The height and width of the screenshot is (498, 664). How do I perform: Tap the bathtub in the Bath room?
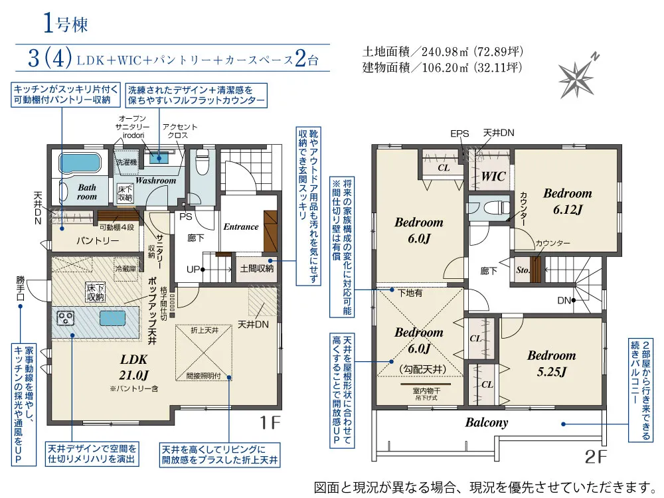(x=78, y=162)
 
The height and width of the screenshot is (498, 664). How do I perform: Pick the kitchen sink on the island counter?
(x=113, y=318)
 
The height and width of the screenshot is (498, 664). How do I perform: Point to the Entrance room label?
(x=241, y=227)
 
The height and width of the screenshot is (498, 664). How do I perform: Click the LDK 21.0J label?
(x=133, y=367)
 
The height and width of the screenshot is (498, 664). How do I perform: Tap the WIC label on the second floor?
(x=493, y=176)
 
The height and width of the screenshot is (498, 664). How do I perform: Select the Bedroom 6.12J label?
(x=568, y=201)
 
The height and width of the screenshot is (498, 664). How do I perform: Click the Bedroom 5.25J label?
(x=551, y=363)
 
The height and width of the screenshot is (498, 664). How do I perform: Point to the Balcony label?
(x=487, y=422)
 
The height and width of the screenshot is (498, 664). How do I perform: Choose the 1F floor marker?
(x=270, y=422)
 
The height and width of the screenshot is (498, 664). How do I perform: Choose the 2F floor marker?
(x=596, y=457)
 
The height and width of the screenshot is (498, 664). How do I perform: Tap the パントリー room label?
(x=98, y=240)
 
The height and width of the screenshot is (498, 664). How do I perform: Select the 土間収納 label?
(x=256, y=268)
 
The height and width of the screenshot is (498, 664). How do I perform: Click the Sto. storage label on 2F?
(x=523, y=270)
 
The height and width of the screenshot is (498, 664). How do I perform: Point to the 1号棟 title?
(x=66, y=24)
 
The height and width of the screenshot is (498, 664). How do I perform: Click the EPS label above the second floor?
(x=459, y=134)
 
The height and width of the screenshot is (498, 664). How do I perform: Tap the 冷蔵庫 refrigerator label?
(x=125, y=268)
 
